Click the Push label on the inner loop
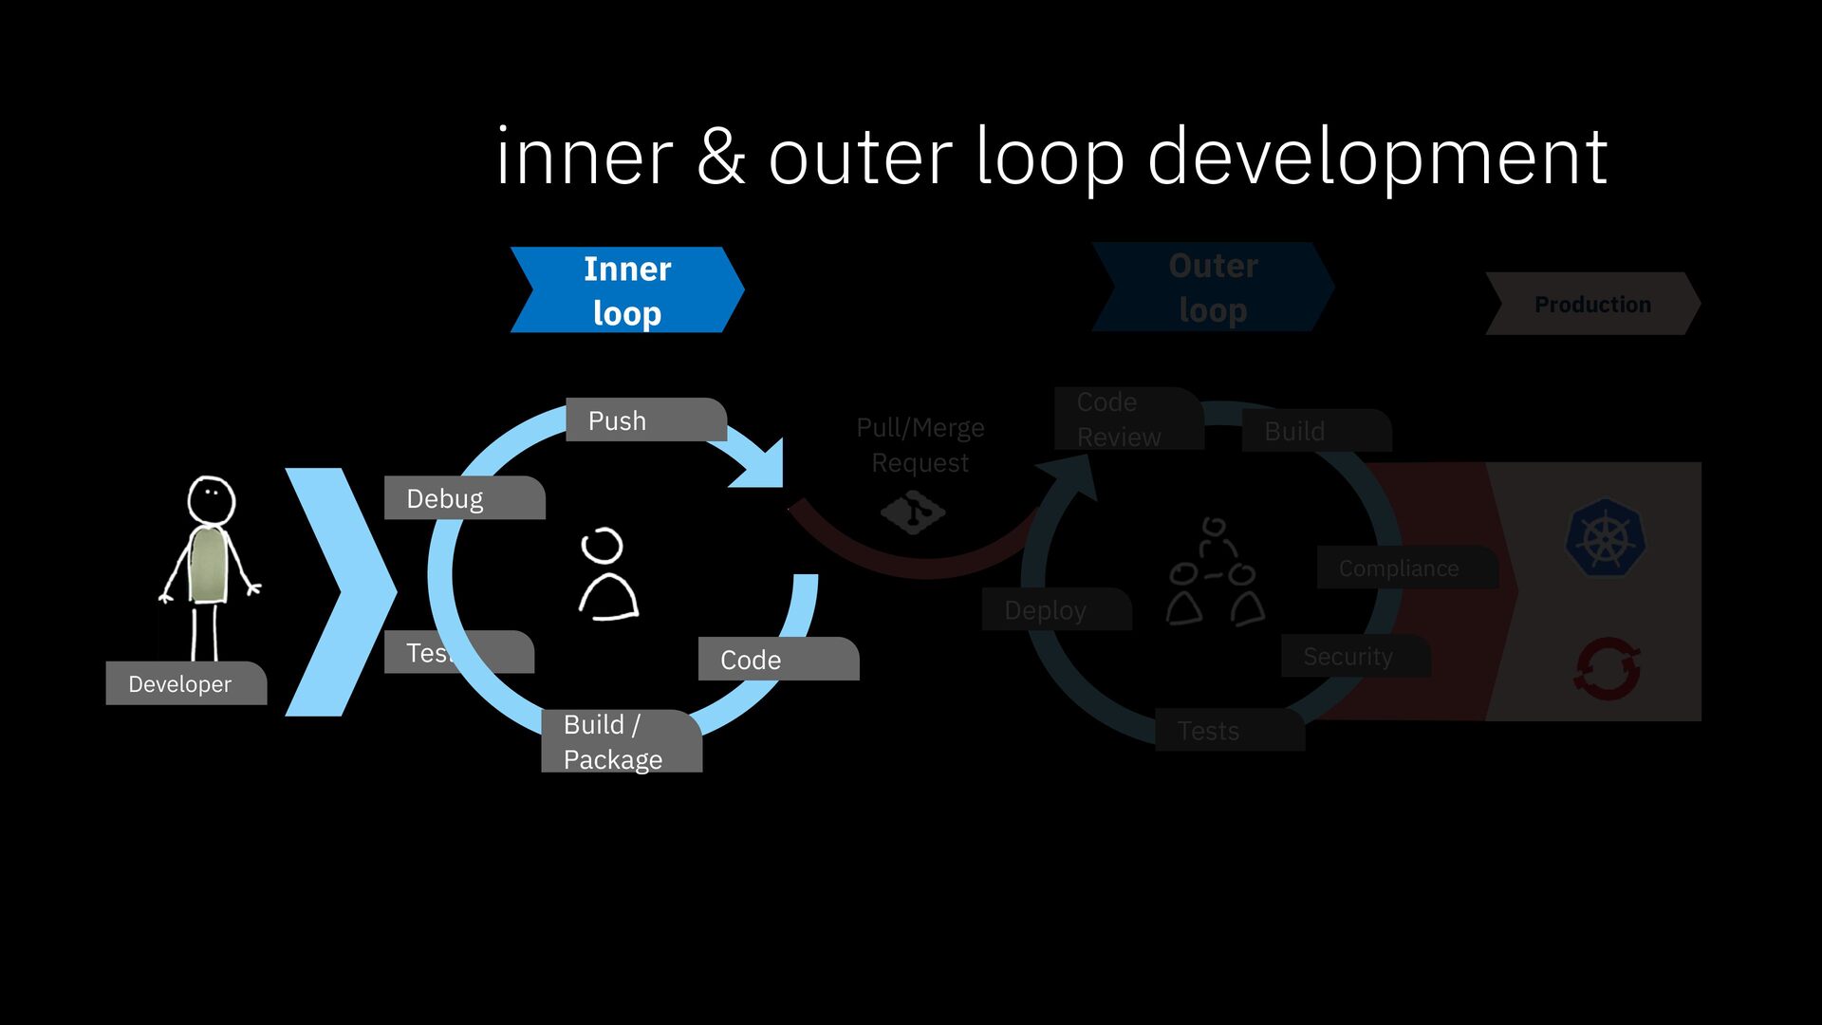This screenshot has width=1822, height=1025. pyautogui.click(x=645, y=420)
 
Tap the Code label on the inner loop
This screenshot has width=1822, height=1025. pyautogui.click(x=777, y=660)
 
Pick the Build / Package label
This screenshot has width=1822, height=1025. pyautogui.click(x=621, y=742)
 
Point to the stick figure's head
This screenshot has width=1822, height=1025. pyautogui.click(x=211, y=499)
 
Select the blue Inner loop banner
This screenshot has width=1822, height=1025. pyautogui.click(x=626, y=290)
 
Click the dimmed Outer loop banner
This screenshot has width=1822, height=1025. pyautogui.click(x=1213, y=288)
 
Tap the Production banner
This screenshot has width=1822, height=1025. pyautogui.click(x=1592, y=305)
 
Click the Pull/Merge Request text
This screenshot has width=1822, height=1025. pyautogui.click(x=920, y=445)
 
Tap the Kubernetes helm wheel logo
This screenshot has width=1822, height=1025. pyautogui.click(x=1606, y=539)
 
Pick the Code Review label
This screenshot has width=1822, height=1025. pyautogui.click(x=1125, y=419)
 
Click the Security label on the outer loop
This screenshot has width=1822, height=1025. pyautogui.click(x=1352, y=656)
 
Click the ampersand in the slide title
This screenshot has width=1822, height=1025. pyautogui.click(x=720, y=158)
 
